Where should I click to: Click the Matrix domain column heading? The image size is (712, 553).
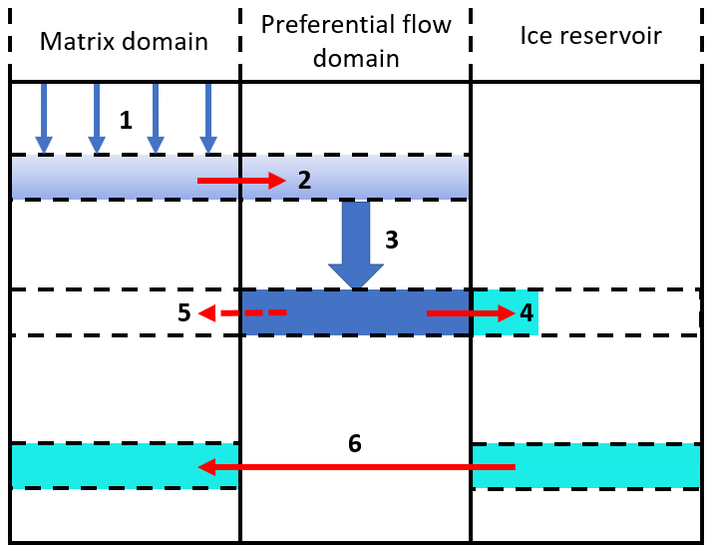coord(124,41)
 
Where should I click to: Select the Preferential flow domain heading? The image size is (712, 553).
coord(355,40)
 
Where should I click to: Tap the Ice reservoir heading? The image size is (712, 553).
coord(591,37)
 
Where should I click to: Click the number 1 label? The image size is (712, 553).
coord(126,121)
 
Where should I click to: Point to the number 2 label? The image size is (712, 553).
coord(305,181)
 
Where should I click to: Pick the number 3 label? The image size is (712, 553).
coord(392,240)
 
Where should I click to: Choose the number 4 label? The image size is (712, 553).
coord(527,313)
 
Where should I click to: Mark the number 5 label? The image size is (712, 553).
coord(183,313)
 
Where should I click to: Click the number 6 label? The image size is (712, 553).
coord(355,443)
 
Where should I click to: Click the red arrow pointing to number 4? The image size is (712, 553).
coord(469,313)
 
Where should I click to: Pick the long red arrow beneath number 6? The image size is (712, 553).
coord(357,466)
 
